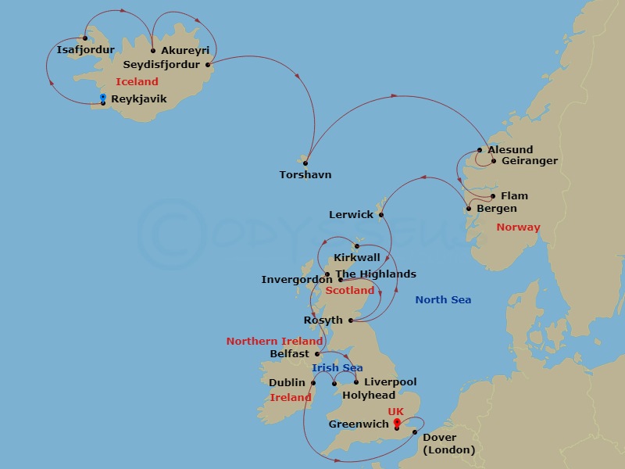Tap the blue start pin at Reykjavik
click(x=103, y=97)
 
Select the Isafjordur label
click(x=85, y=50)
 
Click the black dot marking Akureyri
click(x=153, y=51)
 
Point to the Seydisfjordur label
click(x=161, y=65)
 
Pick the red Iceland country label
click(x=137, y=81)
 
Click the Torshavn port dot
click(x=305, y=163)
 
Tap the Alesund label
click(x=510, y=149)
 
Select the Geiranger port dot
click(x=494, y=162)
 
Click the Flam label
click(x=514, y=196)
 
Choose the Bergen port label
click(x=497, y=209)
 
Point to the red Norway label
click(x=518, y=227)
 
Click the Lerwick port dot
click(x=380, y=215)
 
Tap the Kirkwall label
click(x=357, y=257)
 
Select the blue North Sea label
click(x=443, y=299)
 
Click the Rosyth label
click(x=323, y=320)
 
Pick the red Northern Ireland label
click(x=274, y=342)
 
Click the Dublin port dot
click(x=313, y=383)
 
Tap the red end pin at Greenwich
click(x=397, y=423)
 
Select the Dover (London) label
click(x=448, y=443)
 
